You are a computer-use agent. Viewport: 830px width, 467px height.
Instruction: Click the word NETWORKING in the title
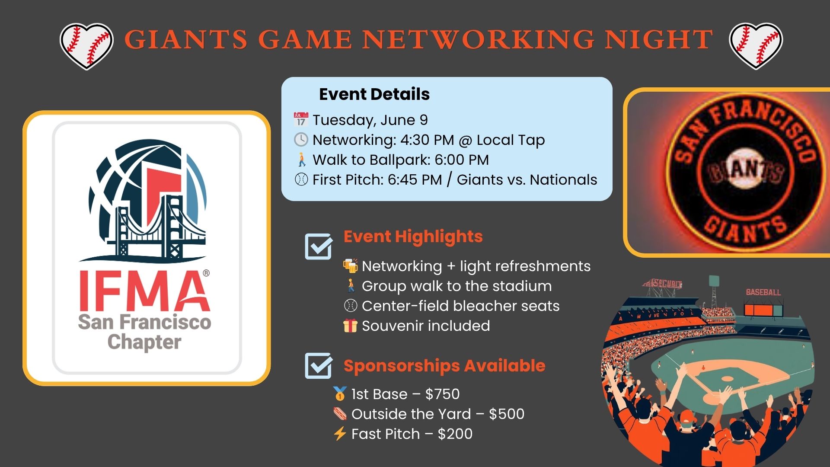pyautogui.click(x=479, y=39)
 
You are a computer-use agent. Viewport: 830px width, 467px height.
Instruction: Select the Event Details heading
pyautogui.click(x=374, y=94)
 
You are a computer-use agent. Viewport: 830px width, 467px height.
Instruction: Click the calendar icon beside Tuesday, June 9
pyautogui.click(x=301, y=120)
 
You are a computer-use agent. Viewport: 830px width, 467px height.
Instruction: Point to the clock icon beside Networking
pyautogui.click(x=301, y=140)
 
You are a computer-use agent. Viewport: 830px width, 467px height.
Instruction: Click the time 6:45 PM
pyautogui.click(x=415, y=179)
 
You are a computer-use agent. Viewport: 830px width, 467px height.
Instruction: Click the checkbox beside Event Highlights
pyautogui.click(x=319, y=246)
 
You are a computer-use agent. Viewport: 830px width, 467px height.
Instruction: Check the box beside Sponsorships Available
pyautogui.click(x=319, y=366)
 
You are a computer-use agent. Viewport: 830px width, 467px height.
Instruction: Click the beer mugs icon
pyautogui.click(x=351, y=266)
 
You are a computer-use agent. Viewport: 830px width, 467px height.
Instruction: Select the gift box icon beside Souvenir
pyautogui.click(x=351, y=326)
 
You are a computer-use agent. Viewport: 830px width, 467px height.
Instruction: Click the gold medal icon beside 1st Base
pyautogui.click(x=340, y=394)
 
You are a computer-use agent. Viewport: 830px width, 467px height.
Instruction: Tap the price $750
pyautogui.click(x=442, y=394)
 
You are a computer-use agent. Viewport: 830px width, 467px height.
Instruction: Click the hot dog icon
pyautogui.click(x=340, y=414)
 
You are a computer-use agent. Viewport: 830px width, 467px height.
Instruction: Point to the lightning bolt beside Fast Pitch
pyautogui.click(x=340, y=434)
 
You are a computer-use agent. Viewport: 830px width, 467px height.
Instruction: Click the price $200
pyautogui.click(x=455, y=434)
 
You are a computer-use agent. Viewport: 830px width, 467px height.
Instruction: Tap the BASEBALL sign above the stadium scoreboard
pyautogui.click(x=763, y=292)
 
